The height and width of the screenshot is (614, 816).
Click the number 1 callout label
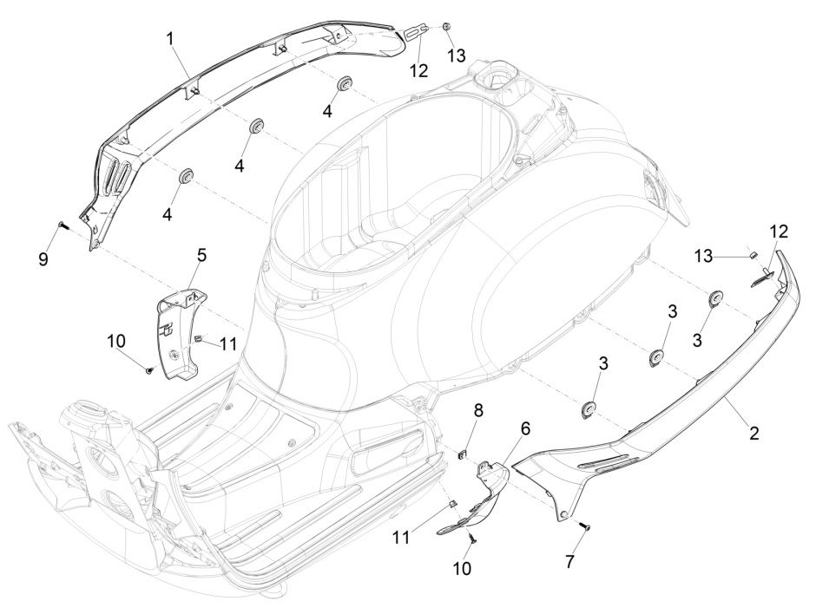(x=171, y=39)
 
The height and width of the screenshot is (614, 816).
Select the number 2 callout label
(x=753, y=432)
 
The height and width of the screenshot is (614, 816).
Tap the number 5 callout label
(x=201, y=257)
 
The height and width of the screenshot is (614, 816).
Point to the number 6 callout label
(x=524, y=428)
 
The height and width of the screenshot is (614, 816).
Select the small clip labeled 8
(x=464, y=451)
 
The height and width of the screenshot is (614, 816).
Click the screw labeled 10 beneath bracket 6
(x=472, y=539)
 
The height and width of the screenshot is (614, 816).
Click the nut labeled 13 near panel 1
(x=446, y=29)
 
